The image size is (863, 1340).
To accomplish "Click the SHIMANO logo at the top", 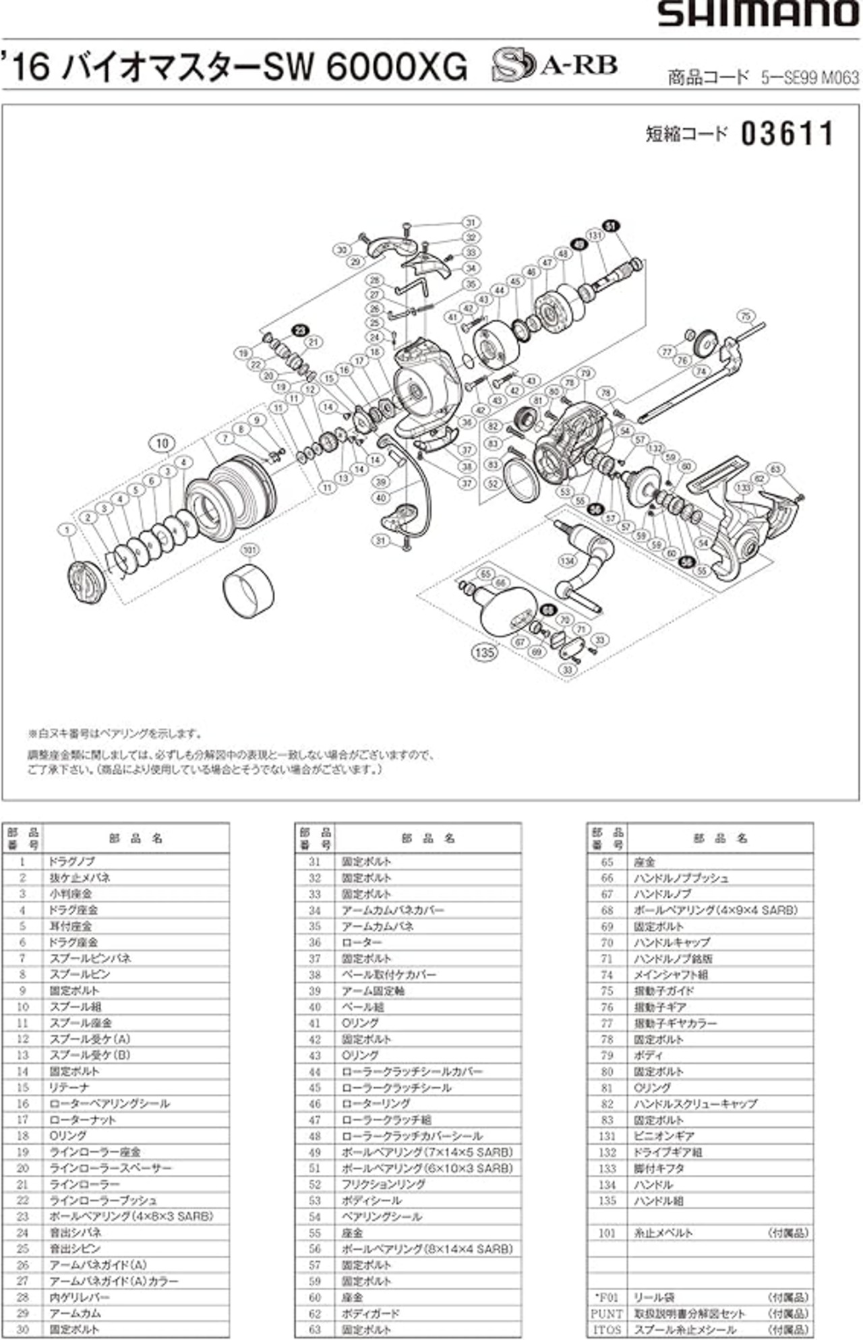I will pos(758,14).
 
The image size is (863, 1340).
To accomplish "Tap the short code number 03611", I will pos(787,134).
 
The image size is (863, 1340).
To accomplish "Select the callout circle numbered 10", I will pos(162,443).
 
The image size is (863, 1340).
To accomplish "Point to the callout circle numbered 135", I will pos(485,652).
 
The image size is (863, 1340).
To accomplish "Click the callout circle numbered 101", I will pos(249,551).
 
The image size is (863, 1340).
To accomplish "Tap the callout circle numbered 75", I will pos(744,315).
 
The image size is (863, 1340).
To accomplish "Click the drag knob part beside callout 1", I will pos(88,580).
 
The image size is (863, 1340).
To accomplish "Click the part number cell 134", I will pos(607,1184).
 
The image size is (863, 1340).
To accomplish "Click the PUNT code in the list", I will pos(607,1314).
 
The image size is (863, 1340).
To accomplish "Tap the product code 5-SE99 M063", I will pos(810,78).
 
